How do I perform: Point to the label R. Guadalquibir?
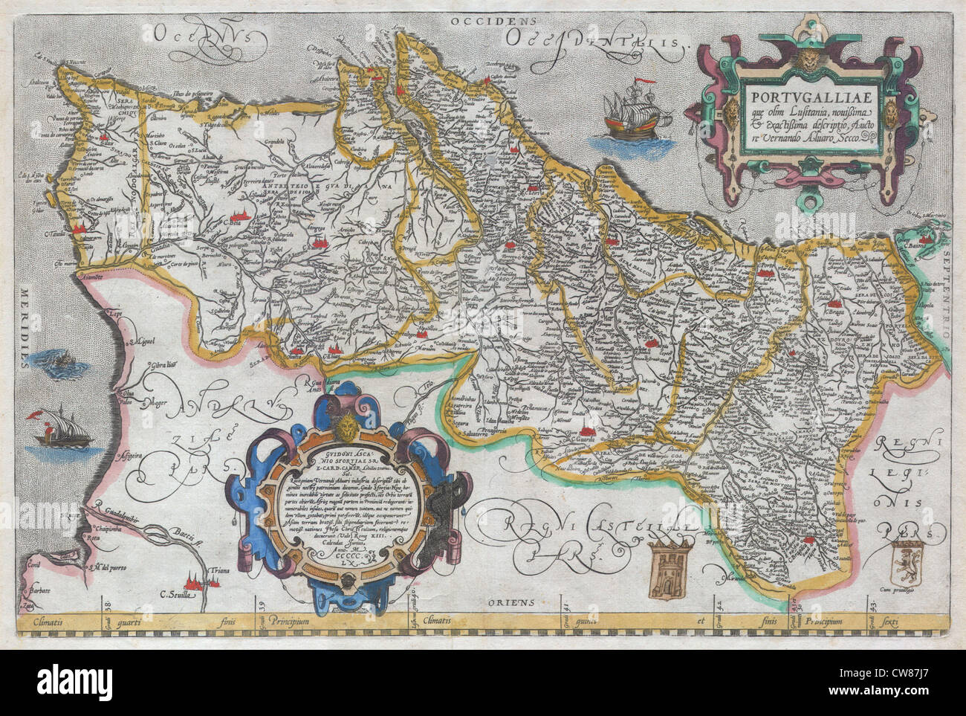click(123, 511)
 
